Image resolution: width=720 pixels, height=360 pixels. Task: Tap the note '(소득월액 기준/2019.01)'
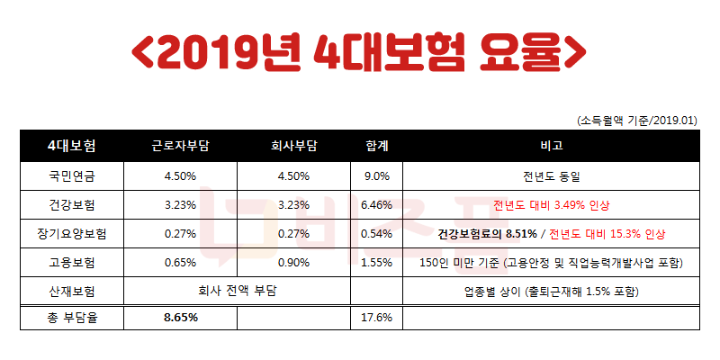[x=637, y=120]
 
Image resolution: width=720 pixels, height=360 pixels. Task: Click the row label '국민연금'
[x=73, y=175]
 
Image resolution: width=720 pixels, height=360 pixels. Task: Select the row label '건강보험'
[x=73, y=204]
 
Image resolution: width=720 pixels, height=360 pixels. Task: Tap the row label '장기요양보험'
[x=73, y=234]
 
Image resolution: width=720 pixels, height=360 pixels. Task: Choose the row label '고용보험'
[x=73, y=263]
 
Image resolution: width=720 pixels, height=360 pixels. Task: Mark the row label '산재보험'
[x=73, y=292]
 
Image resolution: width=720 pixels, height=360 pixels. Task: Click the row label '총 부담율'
[x=73, y=318]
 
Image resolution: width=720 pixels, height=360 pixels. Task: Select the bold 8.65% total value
[x=181, y=318]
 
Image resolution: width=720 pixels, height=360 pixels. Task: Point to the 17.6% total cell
[x=375, y=318]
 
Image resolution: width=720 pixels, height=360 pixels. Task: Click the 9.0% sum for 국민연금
[x=375, y=175]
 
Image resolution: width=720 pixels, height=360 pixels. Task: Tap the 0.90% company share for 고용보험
[x=295, y=263]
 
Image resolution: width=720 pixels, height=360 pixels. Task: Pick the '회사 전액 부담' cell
[x=238, y=292]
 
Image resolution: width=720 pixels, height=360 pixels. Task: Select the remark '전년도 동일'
[x=552, y=175]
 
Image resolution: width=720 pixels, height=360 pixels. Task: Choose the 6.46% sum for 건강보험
[x=375, y=204]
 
